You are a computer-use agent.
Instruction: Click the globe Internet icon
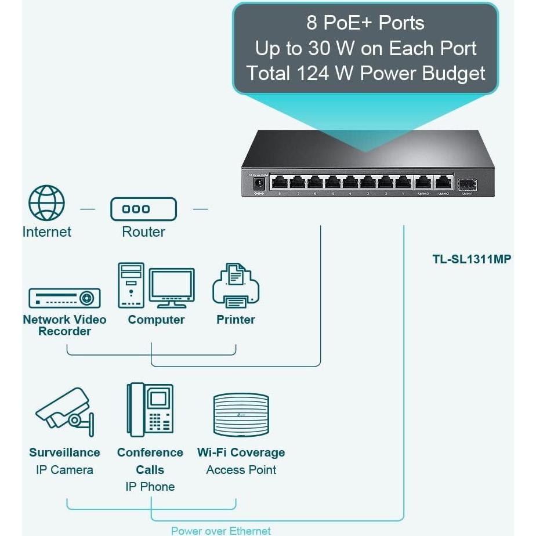(x=47, y=203)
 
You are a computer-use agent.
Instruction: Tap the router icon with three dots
(x=144, y=209)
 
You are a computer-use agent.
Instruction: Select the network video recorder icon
(x=64, y=298)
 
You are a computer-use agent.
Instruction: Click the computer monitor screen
(x=172, y=285)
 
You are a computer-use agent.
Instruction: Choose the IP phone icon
(x=150, y=410)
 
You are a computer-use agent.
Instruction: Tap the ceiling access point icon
(x=241, y=414)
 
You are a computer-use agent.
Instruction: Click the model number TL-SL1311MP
(x=472, y=259)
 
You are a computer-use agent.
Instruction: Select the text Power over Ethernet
(x=221, y=530)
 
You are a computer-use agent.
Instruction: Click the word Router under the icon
(x=144, y=232)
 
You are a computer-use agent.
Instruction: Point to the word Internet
(x=47, y=232)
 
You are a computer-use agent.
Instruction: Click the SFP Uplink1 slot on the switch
(x=467, y=184)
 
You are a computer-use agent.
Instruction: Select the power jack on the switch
(x=259, y=184)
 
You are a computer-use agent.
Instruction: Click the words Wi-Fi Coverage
(x=241, y=452)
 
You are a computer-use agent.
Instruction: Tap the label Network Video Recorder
(x=64, y=325)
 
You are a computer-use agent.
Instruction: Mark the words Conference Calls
(x=150, y=461)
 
